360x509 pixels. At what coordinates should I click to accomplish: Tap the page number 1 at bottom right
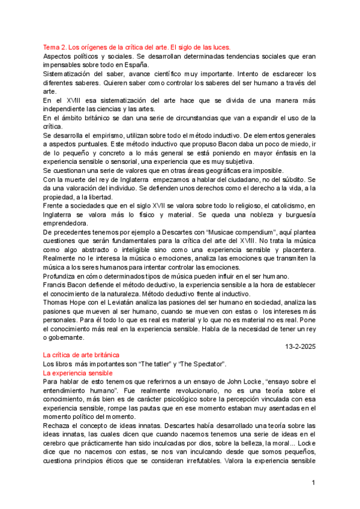313,483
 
